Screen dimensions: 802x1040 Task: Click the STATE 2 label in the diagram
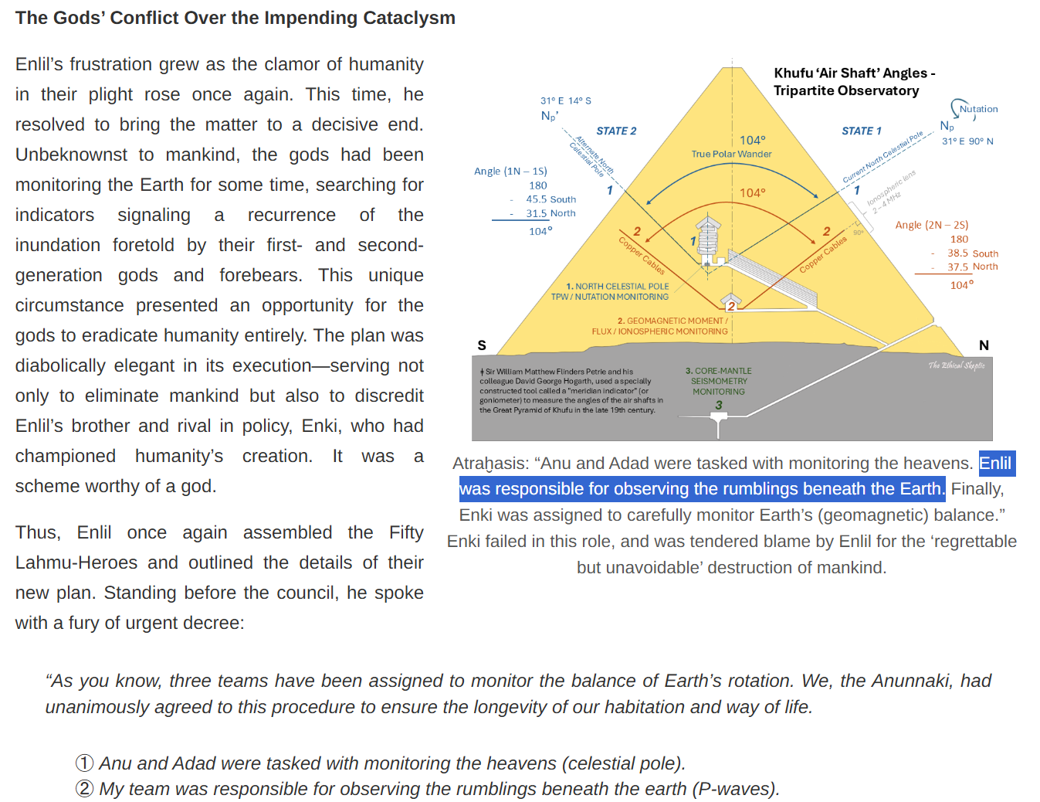(616, 131)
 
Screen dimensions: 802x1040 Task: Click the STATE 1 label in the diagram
(861, 131)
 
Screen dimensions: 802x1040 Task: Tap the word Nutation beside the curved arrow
(978, 109)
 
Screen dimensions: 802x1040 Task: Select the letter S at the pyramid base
(482, 345)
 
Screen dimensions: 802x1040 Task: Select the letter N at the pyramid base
(984, 345)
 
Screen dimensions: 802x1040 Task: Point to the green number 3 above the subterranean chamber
(719, 405)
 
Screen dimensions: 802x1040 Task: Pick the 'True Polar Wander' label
(731, 154)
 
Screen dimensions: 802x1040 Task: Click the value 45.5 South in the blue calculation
(550, 199)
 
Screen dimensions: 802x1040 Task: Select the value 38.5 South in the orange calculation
(972, 253)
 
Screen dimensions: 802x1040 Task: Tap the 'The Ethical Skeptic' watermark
(956, 365)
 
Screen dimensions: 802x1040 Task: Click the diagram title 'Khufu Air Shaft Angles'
(854, 73)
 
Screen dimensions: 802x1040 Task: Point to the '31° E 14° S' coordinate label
(565, 100)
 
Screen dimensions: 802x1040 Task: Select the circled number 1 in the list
(84, 763)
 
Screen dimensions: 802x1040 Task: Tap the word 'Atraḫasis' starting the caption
(490, 464)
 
